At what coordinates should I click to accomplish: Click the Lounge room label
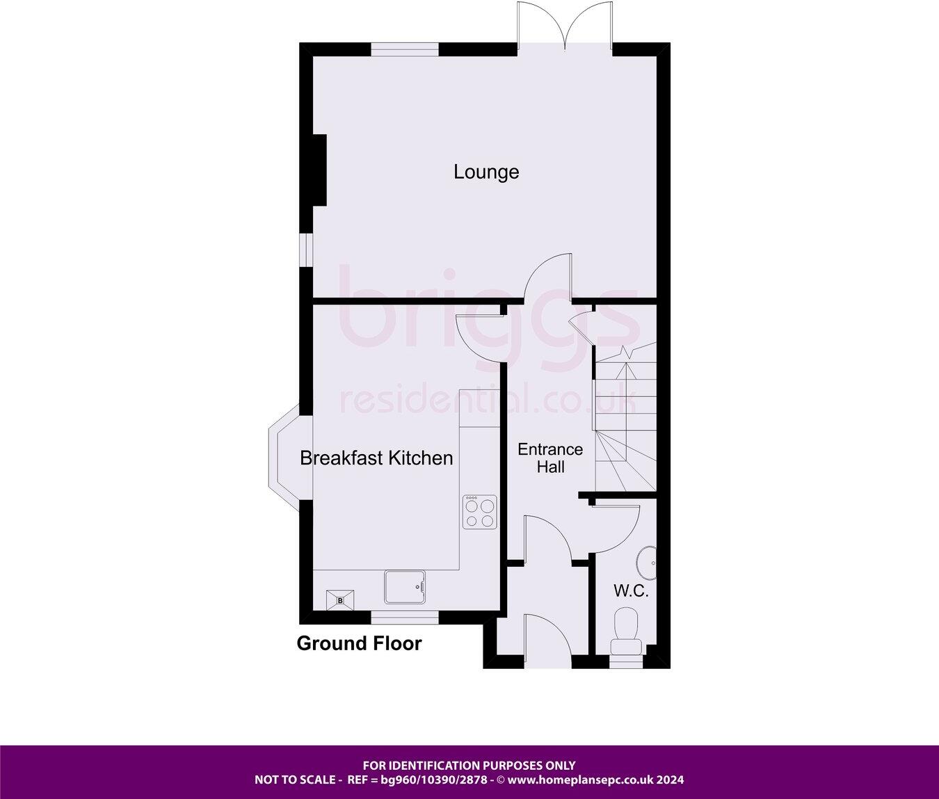point(486,172)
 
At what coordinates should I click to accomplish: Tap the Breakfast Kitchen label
point(376,458)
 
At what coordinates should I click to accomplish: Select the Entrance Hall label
point(550,458)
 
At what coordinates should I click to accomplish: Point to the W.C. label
point(631,592)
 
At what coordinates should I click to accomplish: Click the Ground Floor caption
point(359,643)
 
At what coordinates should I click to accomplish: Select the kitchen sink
point(406,587)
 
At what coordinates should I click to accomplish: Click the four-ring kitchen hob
point(480,512)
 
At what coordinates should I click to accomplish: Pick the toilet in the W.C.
point(627,629)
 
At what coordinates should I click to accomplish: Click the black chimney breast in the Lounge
point(319,170)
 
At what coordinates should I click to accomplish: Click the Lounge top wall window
point(404,49)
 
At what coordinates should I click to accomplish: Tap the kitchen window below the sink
point(404,617)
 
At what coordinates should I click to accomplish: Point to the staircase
point(625,417)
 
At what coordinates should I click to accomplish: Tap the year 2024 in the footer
point(671,780)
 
